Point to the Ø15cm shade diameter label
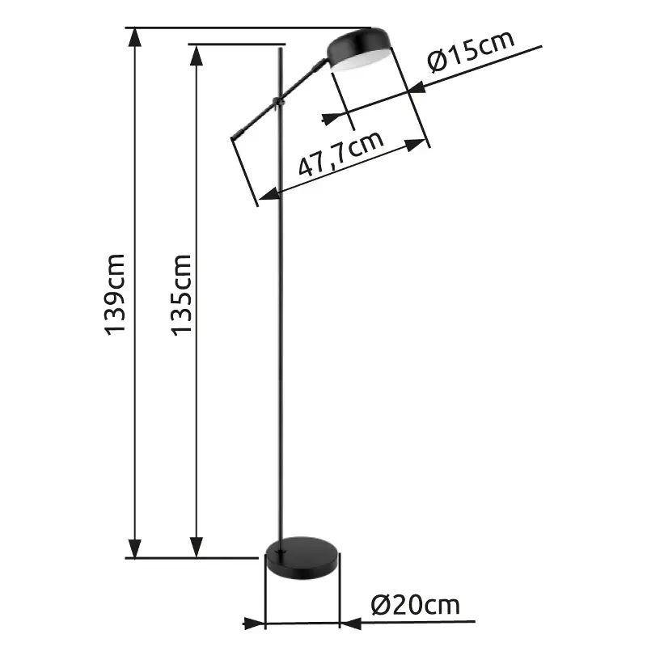tap(472, 53)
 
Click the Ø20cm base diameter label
tap(415, 604)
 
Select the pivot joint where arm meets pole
tap(278, 100)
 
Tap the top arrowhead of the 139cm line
tap(135, 38)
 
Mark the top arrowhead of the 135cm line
tap(195, 53)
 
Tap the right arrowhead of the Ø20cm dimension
tap(351, 623)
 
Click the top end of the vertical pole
tap(281, 49)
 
